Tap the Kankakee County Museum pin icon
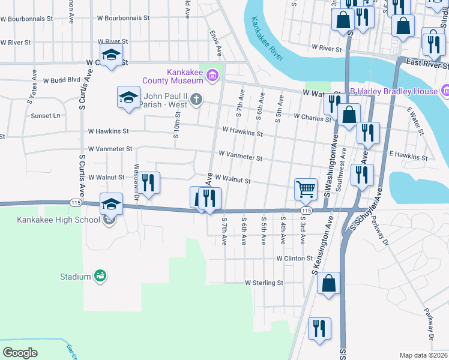point(211,76)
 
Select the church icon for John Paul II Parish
point(196,100)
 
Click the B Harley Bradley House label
point(394,91)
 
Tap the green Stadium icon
point(100,276)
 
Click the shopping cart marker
point(306,189)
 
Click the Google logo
point(20,352)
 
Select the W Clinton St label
point(294,259)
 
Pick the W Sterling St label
point(264,283)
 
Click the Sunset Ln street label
point(46,115)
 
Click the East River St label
point(427,62)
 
